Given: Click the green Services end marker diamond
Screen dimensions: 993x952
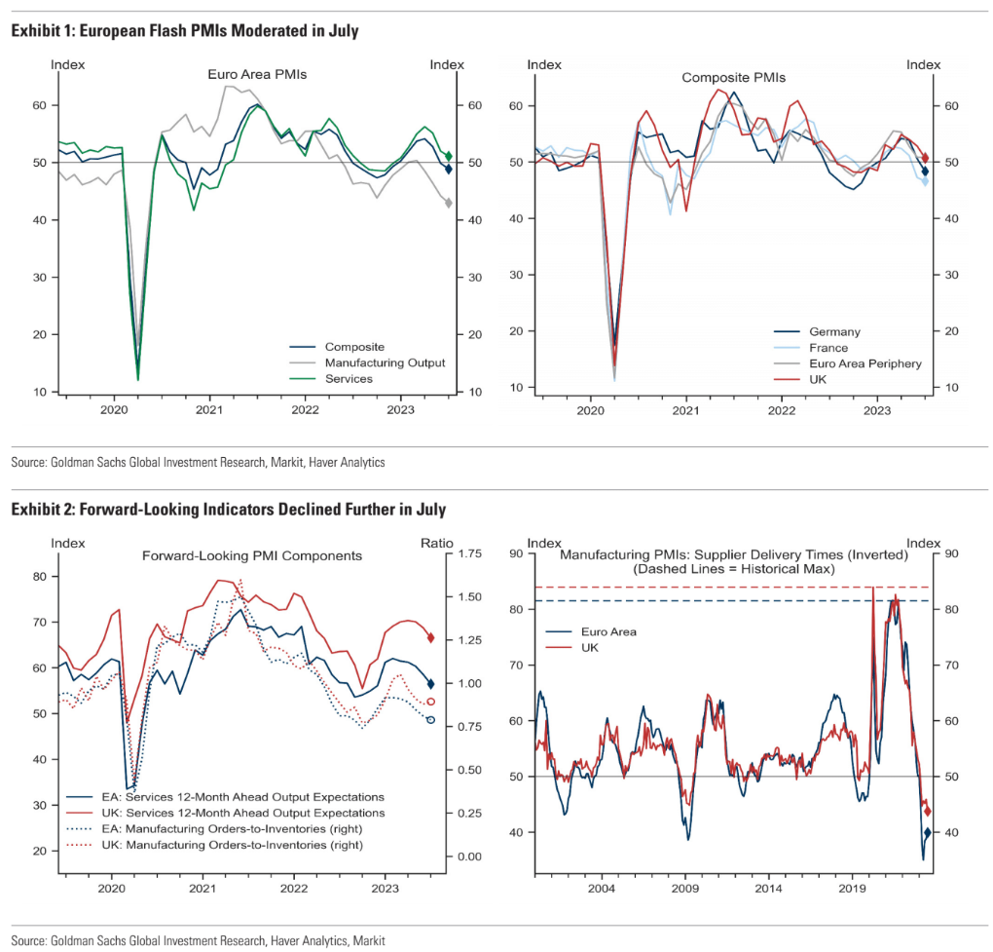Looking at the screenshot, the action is (x=449, y=156).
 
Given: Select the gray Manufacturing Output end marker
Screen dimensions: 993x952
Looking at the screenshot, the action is (x=449, y=203).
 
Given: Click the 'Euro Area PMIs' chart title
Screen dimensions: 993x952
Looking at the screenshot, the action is (x=257, y=74).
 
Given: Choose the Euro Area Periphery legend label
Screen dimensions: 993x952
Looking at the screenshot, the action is (x=865, y=363).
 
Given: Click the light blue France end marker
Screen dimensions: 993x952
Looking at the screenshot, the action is (x=925, y=182).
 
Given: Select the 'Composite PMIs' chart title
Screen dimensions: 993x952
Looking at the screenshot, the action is (x=733, y=77).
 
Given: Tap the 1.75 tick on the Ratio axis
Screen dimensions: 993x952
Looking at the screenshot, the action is (x=470, y=553).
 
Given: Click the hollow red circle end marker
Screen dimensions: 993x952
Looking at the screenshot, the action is (x=431, y=702).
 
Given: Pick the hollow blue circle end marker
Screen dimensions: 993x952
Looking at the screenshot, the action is (x=431, y=720).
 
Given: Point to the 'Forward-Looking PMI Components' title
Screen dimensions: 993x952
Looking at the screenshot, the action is (x=252, y=555).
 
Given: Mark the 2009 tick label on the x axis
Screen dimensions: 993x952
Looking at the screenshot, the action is (x=685, y=888).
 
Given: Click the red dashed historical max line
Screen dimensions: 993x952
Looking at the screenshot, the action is (x=732, y=588).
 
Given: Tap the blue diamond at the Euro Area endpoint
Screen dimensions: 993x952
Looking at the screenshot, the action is (x=928, y=833).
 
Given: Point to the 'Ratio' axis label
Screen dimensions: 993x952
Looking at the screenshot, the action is (x=437, y=543).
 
